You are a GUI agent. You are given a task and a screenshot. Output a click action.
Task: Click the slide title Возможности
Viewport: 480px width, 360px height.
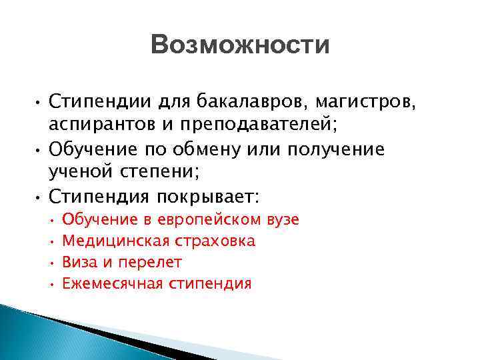(240, 46)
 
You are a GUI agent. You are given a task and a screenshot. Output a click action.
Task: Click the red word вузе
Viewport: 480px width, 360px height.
(282, 220)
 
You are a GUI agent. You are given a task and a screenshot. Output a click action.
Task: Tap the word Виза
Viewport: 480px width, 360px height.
(77, 263)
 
